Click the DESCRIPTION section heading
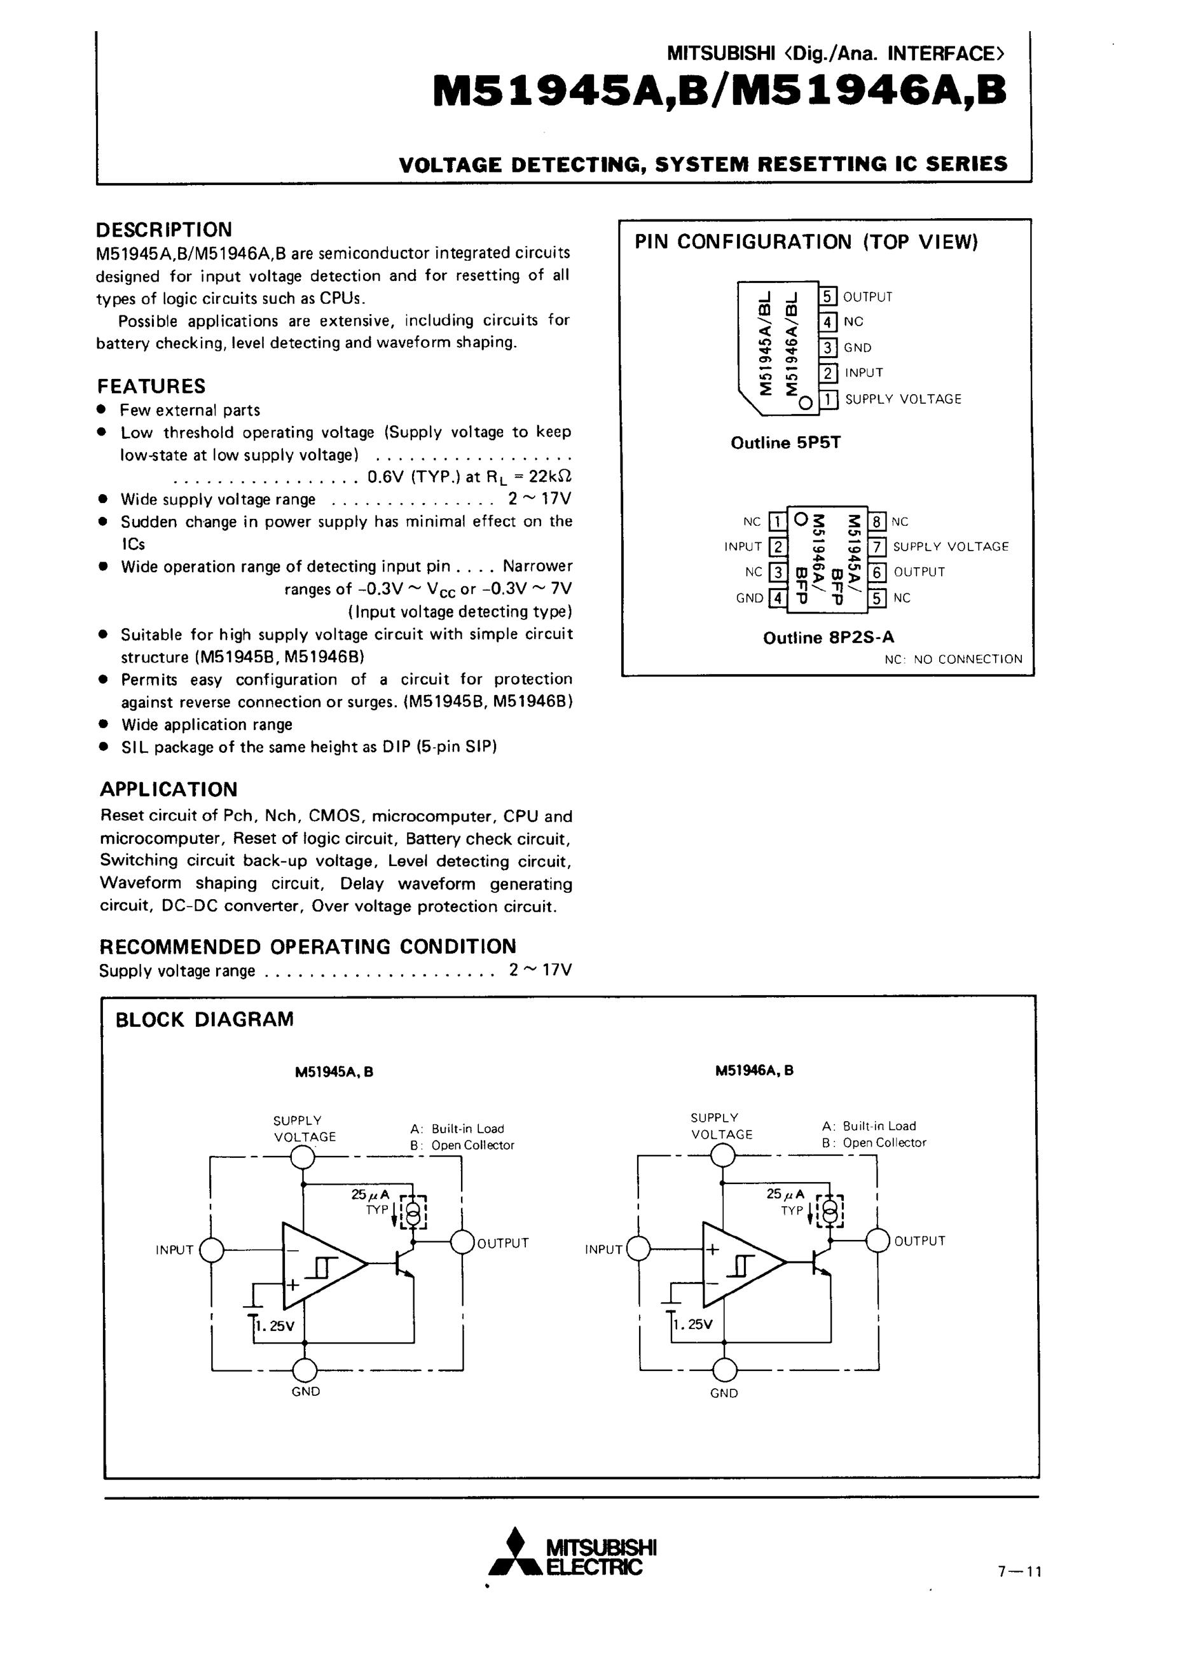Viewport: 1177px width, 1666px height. [x=164, y=230]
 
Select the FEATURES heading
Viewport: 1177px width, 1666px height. [x=152, y=386]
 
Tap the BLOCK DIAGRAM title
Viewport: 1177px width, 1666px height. [x=205, y=1019]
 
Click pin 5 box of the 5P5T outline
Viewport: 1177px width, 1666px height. [x=828, y=296]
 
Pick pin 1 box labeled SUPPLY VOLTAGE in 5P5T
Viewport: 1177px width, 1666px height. [x=828, y=399]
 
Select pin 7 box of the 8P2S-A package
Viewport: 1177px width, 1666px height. [x=878, y=546]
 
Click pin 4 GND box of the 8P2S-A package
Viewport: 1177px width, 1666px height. [x=777, y=598]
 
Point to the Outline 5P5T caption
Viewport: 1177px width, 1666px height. [x=785, y=443]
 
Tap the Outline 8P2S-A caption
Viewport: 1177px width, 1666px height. [x=828, y=638]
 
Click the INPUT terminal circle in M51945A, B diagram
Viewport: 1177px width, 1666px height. [x=211, y=1249]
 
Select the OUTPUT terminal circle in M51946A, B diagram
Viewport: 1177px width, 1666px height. [x=878, y=1240]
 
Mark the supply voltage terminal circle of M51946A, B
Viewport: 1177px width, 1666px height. [x=721, y=1153]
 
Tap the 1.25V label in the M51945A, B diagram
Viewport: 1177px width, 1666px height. [x=276, y=1326]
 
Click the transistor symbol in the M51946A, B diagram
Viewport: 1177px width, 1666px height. [x=822, y=1263]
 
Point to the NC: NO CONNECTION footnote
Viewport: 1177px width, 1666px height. [x=953, y=659]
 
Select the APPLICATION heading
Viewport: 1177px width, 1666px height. [x=169, y=790]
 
